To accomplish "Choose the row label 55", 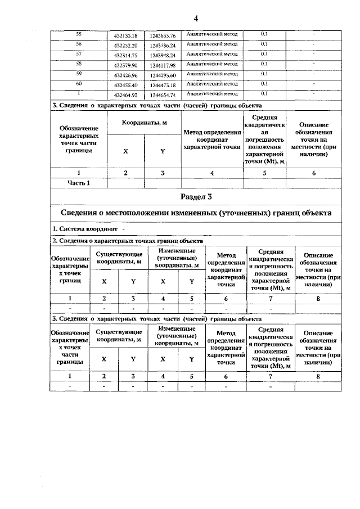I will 79,34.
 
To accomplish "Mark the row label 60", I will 79,84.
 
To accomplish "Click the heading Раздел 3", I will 196,196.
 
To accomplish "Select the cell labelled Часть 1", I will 79,182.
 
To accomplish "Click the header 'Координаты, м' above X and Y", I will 144,123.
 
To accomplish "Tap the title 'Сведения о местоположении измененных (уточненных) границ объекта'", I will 196,213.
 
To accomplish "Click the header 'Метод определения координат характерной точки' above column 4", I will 211,139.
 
